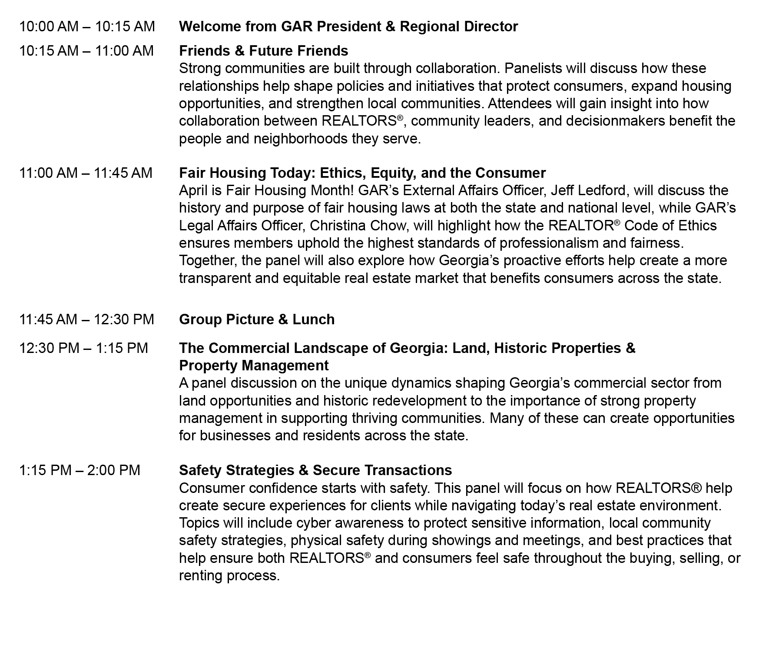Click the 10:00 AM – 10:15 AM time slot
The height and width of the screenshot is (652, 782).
pyautogui.click(x=87, y=27)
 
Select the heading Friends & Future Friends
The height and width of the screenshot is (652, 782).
pyautogui.click(x=263, y=51)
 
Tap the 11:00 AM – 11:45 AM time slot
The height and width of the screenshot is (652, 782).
pyautogui.click(x=86, y=173)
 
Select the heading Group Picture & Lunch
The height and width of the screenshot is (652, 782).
pyautogui.click(x=257, y=319)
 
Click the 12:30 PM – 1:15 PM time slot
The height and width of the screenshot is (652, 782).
pyautogui.click(x=83, y=348)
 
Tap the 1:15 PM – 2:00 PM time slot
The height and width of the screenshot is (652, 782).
pyautogui.click(x=80, y=470)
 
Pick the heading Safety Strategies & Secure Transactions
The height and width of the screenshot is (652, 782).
pyautogui.click(x=315, y=470)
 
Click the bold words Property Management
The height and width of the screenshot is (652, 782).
pyautogui.click(x=254, y=366)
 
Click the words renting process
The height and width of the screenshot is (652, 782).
pyautogui.click(x=229, y=575)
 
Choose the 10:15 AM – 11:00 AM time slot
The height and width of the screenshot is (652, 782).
pyautogui.click(x=86, y=51)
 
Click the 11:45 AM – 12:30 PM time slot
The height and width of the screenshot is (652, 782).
pyautogui.click(x=86, y=319)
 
